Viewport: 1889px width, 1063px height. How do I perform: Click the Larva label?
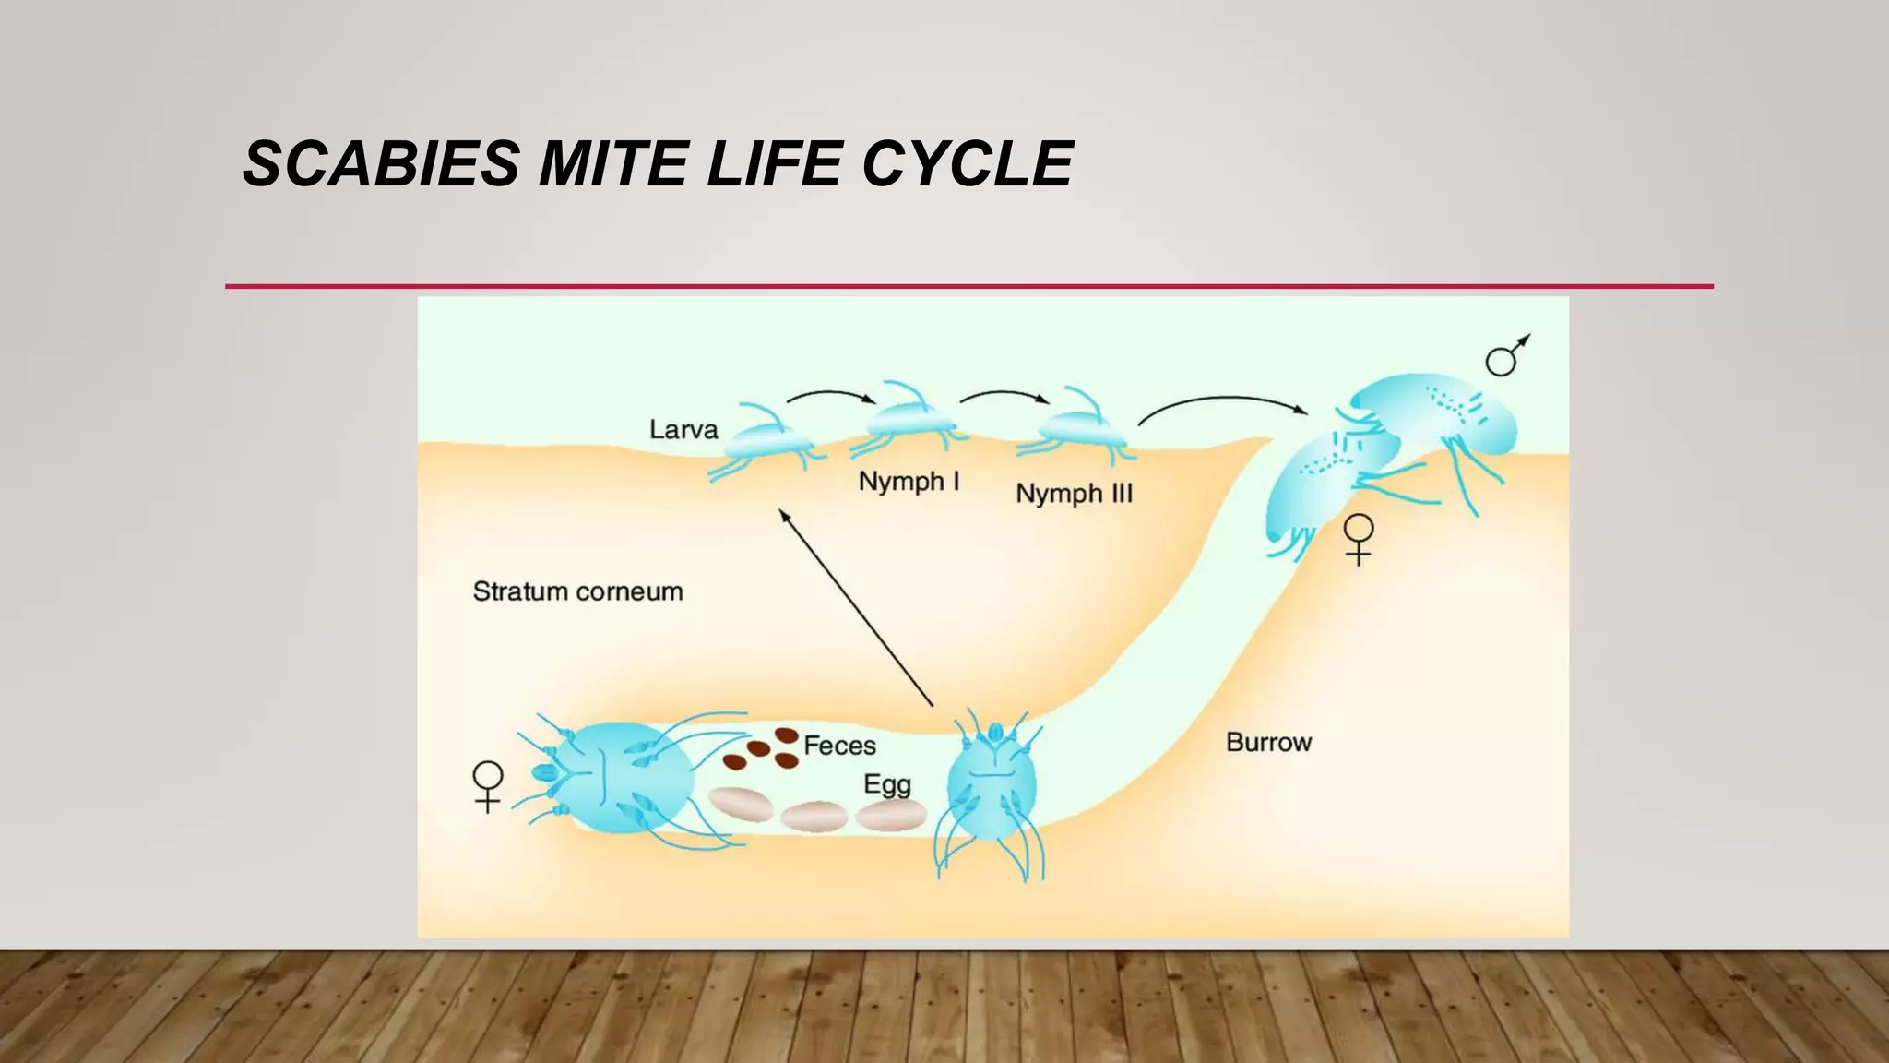pyautogui.click(x=683, y=430)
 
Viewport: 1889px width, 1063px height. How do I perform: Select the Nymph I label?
pyautogui.click(x=909, y=482)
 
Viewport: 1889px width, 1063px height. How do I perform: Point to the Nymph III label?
pyautogui.click(x=1074, y=494)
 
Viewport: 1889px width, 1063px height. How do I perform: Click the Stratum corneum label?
pyautogui.click(x=577, y=591)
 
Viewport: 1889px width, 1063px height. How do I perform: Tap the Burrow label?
pyautogui.click(x=1268, y=742)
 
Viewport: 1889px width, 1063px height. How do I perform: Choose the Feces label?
pyautogui.click(x=839, y=746)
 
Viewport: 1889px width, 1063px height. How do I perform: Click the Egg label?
pyautogui.click(x=886, y=784)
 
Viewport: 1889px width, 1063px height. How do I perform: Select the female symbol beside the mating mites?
pyautogui.click(x=1359, y=539)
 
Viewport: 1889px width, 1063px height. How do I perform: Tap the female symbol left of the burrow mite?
pyautogui.click(x=487, y=786)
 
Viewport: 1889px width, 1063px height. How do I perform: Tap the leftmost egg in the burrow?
pyautogui.click(x=741, y=804)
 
